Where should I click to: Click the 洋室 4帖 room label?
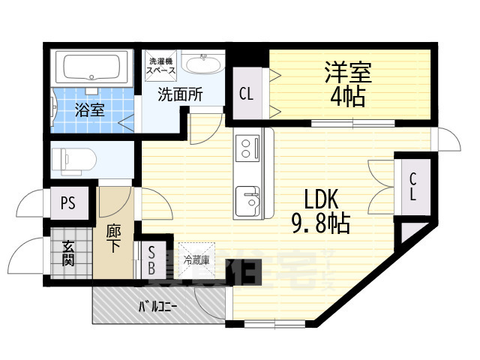point(347,85)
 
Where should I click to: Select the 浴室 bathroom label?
point(89,109)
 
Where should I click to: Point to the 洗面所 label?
point(179,95)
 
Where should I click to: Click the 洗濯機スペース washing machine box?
point(161,65)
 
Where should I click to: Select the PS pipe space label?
point(68,202)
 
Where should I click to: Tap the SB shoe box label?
point(151,259)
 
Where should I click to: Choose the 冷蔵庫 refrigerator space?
point(196,259)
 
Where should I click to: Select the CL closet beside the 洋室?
point(245,94)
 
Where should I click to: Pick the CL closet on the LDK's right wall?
point(412,187)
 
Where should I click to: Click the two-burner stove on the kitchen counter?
point(245,148)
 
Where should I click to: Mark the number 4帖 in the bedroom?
point(347,96)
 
